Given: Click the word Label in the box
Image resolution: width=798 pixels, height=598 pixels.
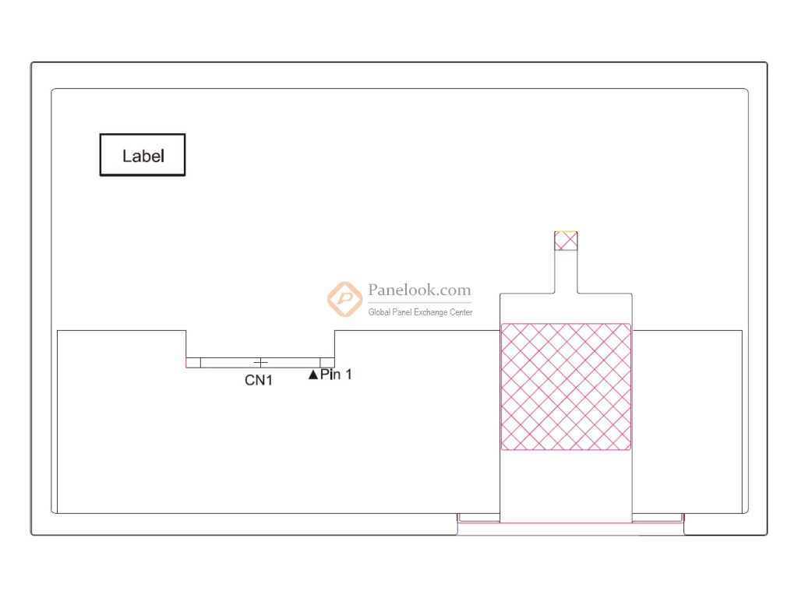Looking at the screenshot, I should [143, 156].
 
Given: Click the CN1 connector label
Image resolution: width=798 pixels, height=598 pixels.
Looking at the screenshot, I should [259, 380].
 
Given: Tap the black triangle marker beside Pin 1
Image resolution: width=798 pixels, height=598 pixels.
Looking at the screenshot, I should [313, 375].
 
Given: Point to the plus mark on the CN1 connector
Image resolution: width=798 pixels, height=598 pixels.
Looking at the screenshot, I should [260, 362].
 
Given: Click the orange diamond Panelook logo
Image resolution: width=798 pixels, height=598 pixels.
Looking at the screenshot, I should [344, 299].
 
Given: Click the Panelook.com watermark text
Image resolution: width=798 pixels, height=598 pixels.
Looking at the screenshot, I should [419, 290].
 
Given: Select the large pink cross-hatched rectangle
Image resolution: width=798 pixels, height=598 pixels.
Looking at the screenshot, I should [566, 387].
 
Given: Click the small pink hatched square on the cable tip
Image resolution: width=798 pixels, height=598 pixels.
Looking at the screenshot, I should [566, 241].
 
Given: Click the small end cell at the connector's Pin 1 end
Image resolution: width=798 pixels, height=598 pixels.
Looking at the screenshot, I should [327, 362].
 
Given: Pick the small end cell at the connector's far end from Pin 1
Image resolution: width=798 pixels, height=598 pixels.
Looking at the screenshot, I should [193, 362].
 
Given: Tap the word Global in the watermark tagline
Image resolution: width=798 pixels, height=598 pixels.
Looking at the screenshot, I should [379, 312].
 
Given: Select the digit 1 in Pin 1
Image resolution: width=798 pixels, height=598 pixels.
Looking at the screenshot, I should [348, 375].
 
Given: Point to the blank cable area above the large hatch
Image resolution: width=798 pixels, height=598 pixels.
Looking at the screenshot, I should [566, 308].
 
